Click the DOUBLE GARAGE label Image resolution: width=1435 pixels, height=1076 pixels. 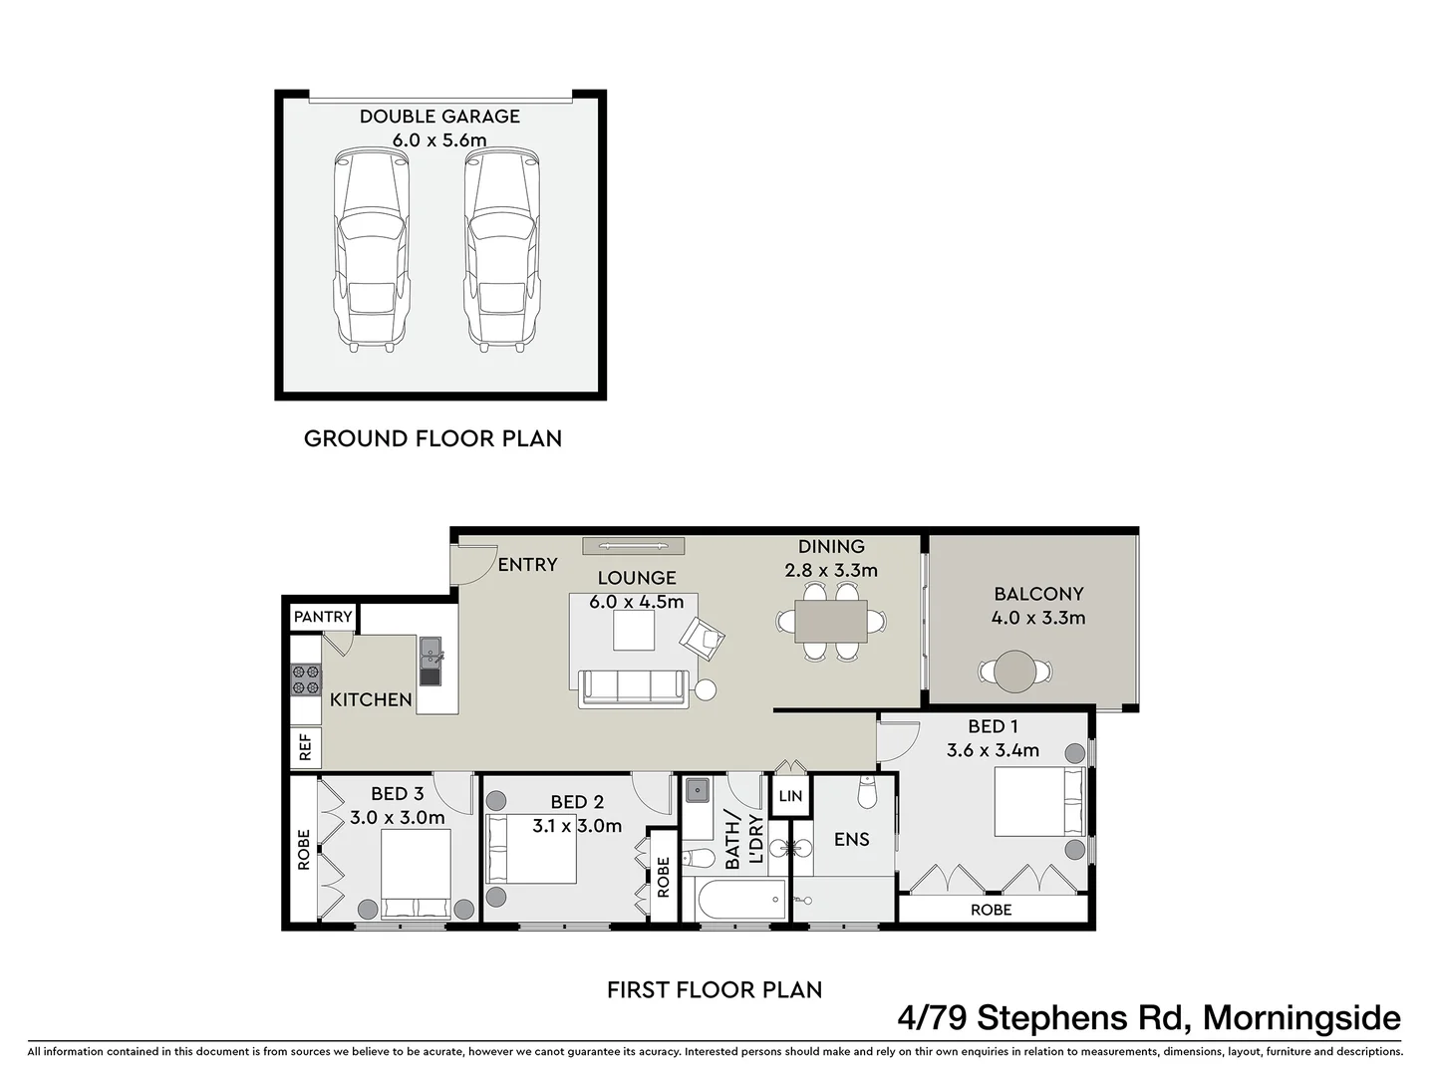tap(439, 117)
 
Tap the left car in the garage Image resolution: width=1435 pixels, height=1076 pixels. tap(371, 249)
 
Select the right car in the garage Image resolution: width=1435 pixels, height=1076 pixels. tap(501, 249)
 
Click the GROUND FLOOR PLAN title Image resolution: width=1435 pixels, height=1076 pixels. tap(432, 438)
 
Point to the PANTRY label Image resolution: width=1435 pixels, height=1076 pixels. tap(323, 617)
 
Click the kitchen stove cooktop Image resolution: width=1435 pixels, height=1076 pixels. tap(306, 678)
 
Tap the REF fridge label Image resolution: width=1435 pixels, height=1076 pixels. tap(305, 746)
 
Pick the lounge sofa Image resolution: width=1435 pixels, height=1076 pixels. tap(634, 688)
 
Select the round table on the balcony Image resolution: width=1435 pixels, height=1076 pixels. tap(1015, 671)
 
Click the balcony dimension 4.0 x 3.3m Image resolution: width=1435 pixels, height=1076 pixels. tap(1037, 618)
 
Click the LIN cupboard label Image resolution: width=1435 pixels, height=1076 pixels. tap(790, 796)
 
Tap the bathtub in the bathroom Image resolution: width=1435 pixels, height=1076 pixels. tap(737, 901)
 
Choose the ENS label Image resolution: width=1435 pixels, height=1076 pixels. tap(851, 840)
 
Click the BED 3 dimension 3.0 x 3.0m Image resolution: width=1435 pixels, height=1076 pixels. tap(397, 818)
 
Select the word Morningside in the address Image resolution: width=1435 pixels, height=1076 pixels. tap(1301, 1018)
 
